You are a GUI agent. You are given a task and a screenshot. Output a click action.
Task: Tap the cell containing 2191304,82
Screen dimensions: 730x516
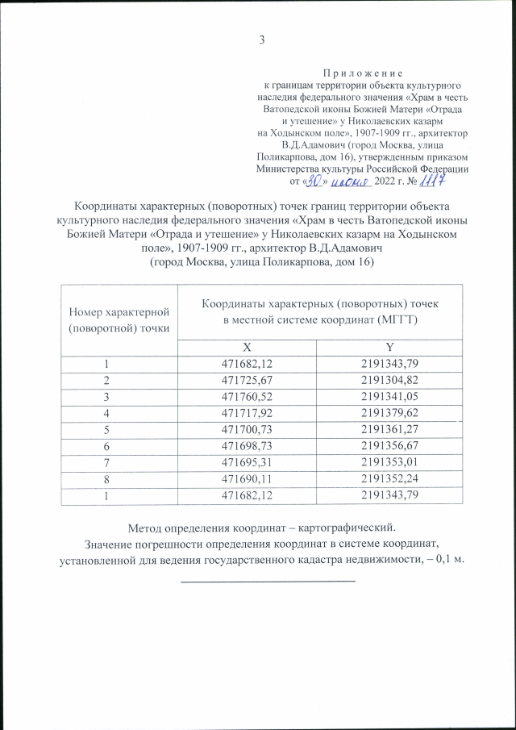click(389, 378)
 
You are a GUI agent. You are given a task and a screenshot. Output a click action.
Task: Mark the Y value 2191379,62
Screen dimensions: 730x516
click(389, 412)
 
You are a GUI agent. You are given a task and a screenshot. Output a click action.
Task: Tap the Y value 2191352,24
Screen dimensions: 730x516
click(389, 478)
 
